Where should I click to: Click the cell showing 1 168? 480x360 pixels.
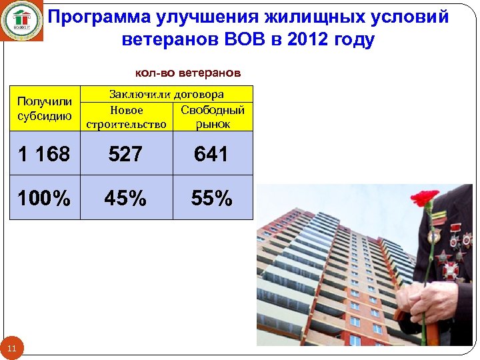tap(44, 154)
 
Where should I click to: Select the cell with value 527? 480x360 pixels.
tap(125, 154)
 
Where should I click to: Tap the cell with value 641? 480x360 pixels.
tap(211, 154)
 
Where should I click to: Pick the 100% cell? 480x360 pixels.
tap(44, 198)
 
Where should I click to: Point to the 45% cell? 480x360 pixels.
tap(125, 198)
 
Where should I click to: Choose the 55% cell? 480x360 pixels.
tap(211, 198)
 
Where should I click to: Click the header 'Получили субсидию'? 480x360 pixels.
tap(45, 108)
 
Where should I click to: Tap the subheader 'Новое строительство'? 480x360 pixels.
tap(126, 117)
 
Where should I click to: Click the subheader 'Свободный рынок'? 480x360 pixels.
tap(213, 117)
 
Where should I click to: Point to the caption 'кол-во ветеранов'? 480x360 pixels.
tap(188, 72)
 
